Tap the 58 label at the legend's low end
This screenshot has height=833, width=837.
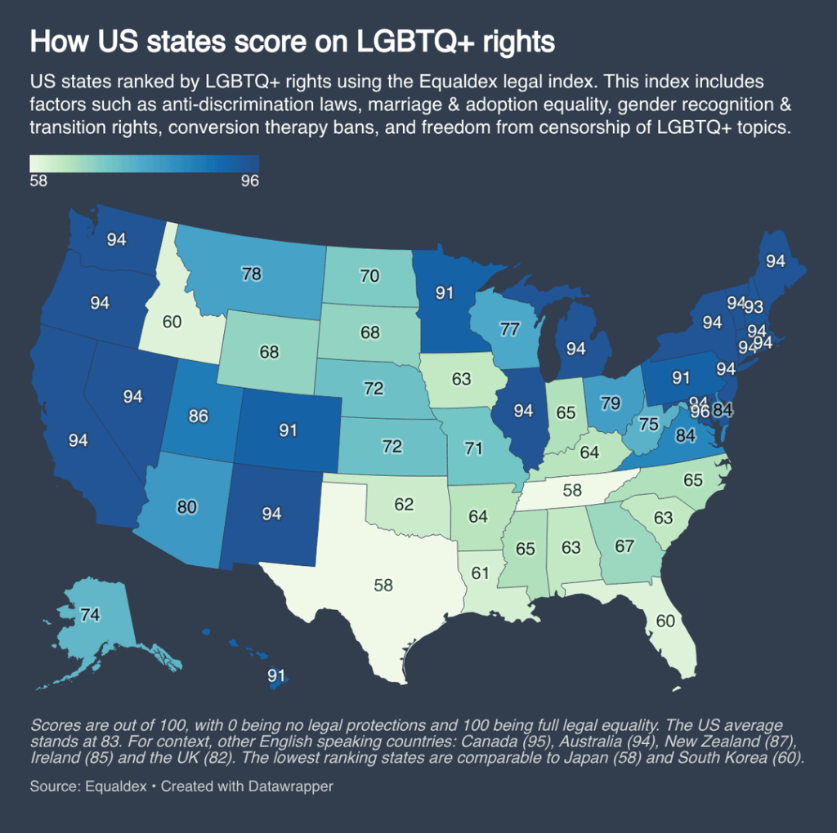[x=38, y=180]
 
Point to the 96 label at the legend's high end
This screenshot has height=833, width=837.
[x=249, y=180]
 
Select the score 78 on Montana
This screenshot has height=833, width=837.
[x=252, y=274]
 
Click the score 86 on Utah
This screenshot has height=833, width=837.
[x=199, y=416]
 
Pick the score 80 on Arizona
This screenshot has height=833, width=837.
[x=187, y=507]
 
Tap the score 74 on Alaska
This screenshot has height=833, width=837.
[x=91, y=616]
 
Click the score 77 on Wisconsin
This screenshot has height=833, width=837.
[x=510, y=330]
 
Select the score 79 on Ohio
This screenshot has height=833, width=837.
[x=610, y=403]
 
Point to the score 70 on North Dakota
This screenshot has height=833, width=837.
[x=369, y=276]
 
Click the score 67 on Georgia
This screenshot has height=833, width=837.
[x=624, y=546]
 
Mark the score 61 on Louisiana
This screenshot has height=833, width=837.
[x=479, y=572]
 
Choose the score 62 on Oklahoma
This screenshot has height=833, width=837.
[x=404, y=505]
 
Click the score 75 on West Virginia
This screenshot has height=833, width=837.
[x=649, y=424]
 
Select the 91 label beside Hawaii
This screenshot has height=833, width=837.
[x=277, y=675]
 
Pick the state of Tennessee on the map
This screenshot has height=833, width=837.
[x=572, y=490]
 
